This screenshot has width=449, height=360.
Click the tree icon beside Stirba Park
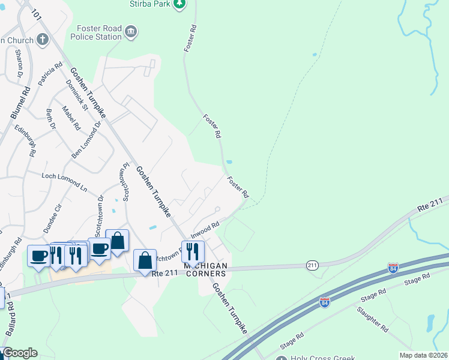coord(179,4)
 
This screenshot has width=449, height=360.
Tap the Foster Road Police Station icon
coord(131,31)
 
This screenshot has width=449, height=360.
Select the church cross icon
coord(42,40)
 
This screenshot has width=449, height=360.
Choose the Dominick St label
coord(77,97)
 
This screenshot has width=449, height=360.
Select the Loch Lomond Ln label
coord(64,182)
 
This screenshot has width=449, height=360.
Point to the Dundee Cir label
coord(50,213)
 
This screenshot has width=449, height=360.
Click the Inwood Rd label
coord(205,229)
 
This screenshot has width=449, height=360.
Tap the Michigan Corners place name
coord(206,269)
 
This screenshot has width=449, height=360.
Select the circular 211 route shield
coord(312,265)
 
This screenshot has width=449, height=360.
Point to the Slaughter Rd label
coord(373,319)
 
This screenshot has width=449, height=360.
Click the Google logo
coord(20,353)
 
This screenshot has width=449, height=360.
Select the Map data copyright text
coord(423,355)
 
